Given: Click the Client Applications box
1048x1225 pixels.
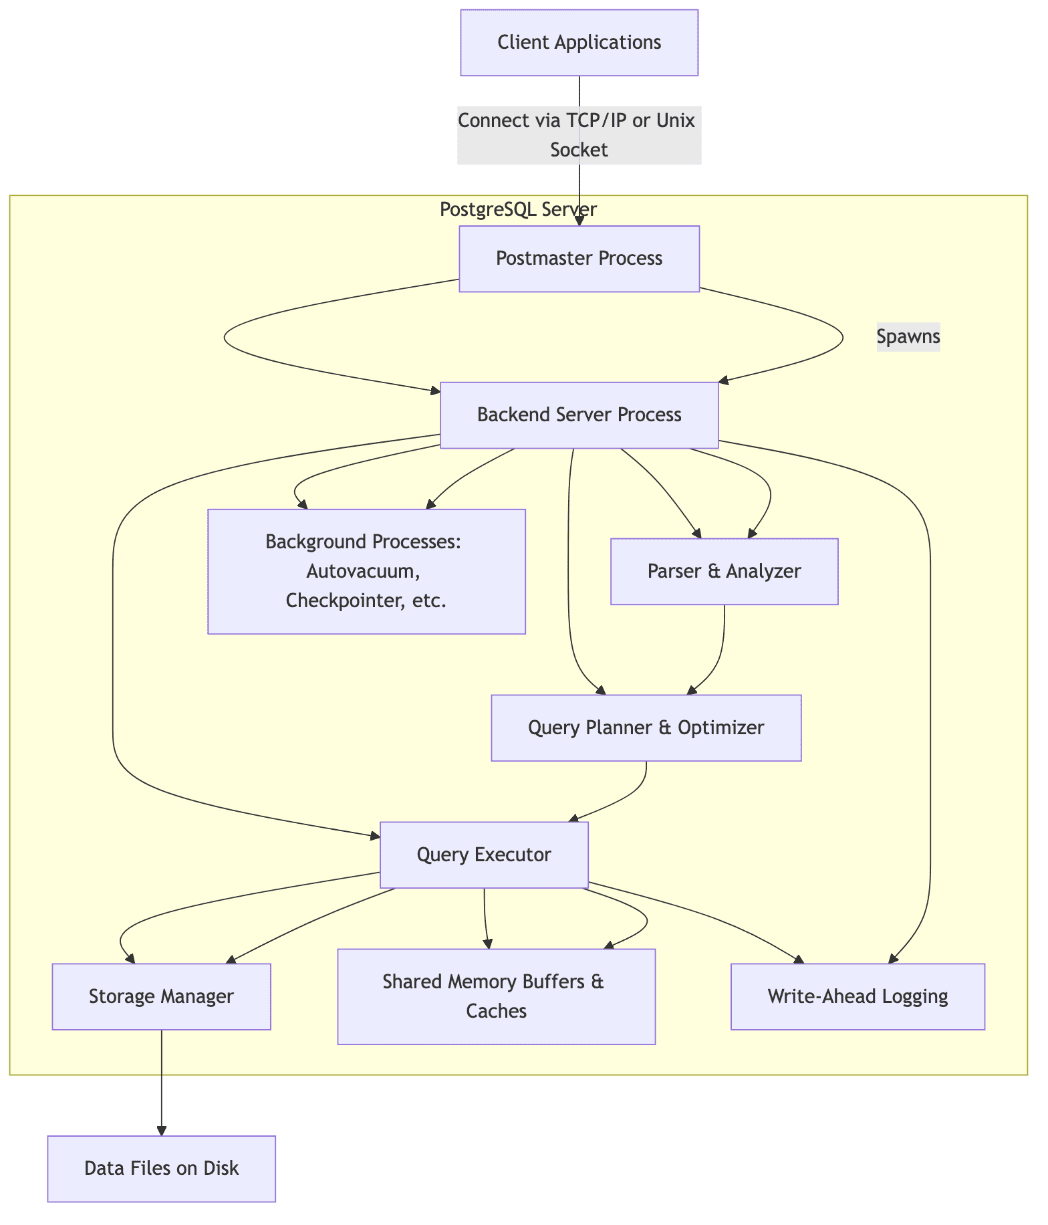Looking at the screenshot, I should tap(579, 42).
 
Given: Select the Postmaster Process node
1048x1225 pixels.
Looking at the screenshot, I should tap(579, 258).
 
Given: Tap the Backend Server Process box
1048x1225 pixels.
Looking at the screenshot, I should tap(579, 415).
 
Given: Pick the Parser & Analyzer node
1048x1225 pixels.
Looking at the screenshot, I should tap(724, 571).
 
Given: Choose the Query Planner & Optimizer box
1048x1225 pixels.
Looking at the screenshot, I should tap(646, 728).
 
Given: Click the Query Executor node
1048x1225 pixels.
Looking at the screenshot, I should tap(483, 855).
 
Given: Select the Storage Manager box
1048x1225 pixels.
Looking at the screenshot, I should tap(161, 996).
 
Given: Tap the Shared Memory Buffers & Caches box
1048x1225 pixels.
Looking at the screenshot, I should tap(496, 996).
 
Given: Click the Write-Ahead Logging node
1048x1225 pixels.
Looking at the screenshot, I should tap(858, 996).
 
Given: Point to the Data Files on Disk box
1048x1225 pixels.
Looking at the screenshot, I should tap(161, 1168).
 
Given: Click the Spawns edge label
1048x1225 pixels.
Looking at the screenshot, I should tap(908, 336).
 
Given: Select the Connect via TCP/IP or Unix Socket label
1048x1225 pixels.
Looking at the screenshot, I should tap(579, 135).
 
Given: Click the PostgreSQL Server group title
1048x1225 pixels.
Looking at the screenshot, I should tap(518, 209).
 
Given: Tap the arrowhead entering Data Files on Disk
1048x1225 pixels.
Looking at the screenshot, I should tap(161, 1130).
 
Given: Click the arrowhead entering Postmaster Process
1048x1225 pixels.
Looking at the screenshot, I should tap(579, 221).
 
